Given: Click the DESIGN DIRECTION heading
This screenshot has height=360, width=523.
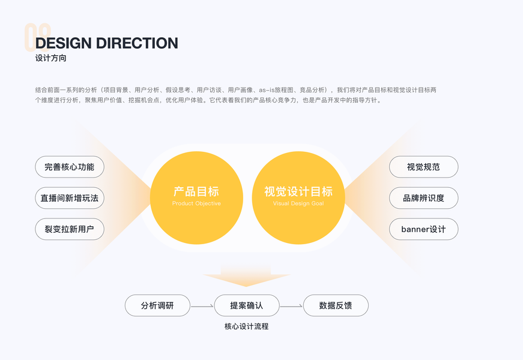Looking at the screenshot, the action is [107, 43].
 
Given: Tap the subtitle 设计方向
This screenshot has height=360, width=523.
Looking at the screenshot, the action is [50, 59].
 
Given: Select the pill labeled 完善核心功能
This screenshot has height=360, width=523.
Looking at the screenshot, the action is [70, 167].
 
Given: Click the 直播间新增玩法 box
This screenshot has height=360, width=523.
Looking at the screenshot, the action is [70, 198].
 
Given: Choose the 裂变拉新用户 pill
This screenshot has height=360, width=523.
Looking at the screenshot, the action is [70, 229].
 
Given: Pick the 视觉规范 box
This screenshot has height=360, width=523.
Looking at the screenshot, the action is [423, 167].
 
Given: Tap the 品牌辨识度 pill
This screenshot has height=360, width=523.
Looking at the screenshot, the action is [423, 198].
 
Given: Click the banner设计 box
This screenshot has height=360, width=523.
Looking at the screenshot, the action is [423, 229].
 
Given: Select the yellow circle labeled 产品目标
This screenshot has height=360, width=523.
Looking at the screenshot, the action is [196, 180].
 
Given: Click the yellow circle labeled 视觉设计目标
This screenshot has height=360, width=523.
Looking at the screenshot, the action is [298, 180].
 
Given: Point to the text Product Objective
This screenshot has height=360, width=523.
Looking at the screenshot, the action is [196, 204].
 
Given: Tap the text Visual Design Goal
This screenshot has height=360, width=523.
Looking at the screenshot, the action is [298, 204].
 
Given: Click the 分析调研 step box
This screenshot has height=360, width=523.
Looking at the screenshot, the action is [157, 305].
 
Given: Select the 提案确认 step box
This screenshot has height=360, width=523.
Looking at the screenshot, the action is [247, 305].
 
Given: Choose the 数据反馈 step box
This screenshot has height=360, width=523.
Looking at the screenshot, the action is [336, 305].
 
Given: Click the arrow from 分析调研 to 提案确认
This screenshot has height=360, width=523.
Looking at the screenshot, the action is [202, 307].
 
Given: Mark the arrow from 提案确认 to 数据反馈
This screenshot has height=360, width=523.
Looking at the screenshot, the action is [291, 307].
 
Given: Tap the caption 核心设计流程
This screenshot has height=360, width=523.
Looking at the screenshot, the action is [246, 326].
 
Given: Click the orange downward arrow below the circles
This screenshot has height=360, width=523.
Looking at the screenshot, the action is [247, 277].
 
